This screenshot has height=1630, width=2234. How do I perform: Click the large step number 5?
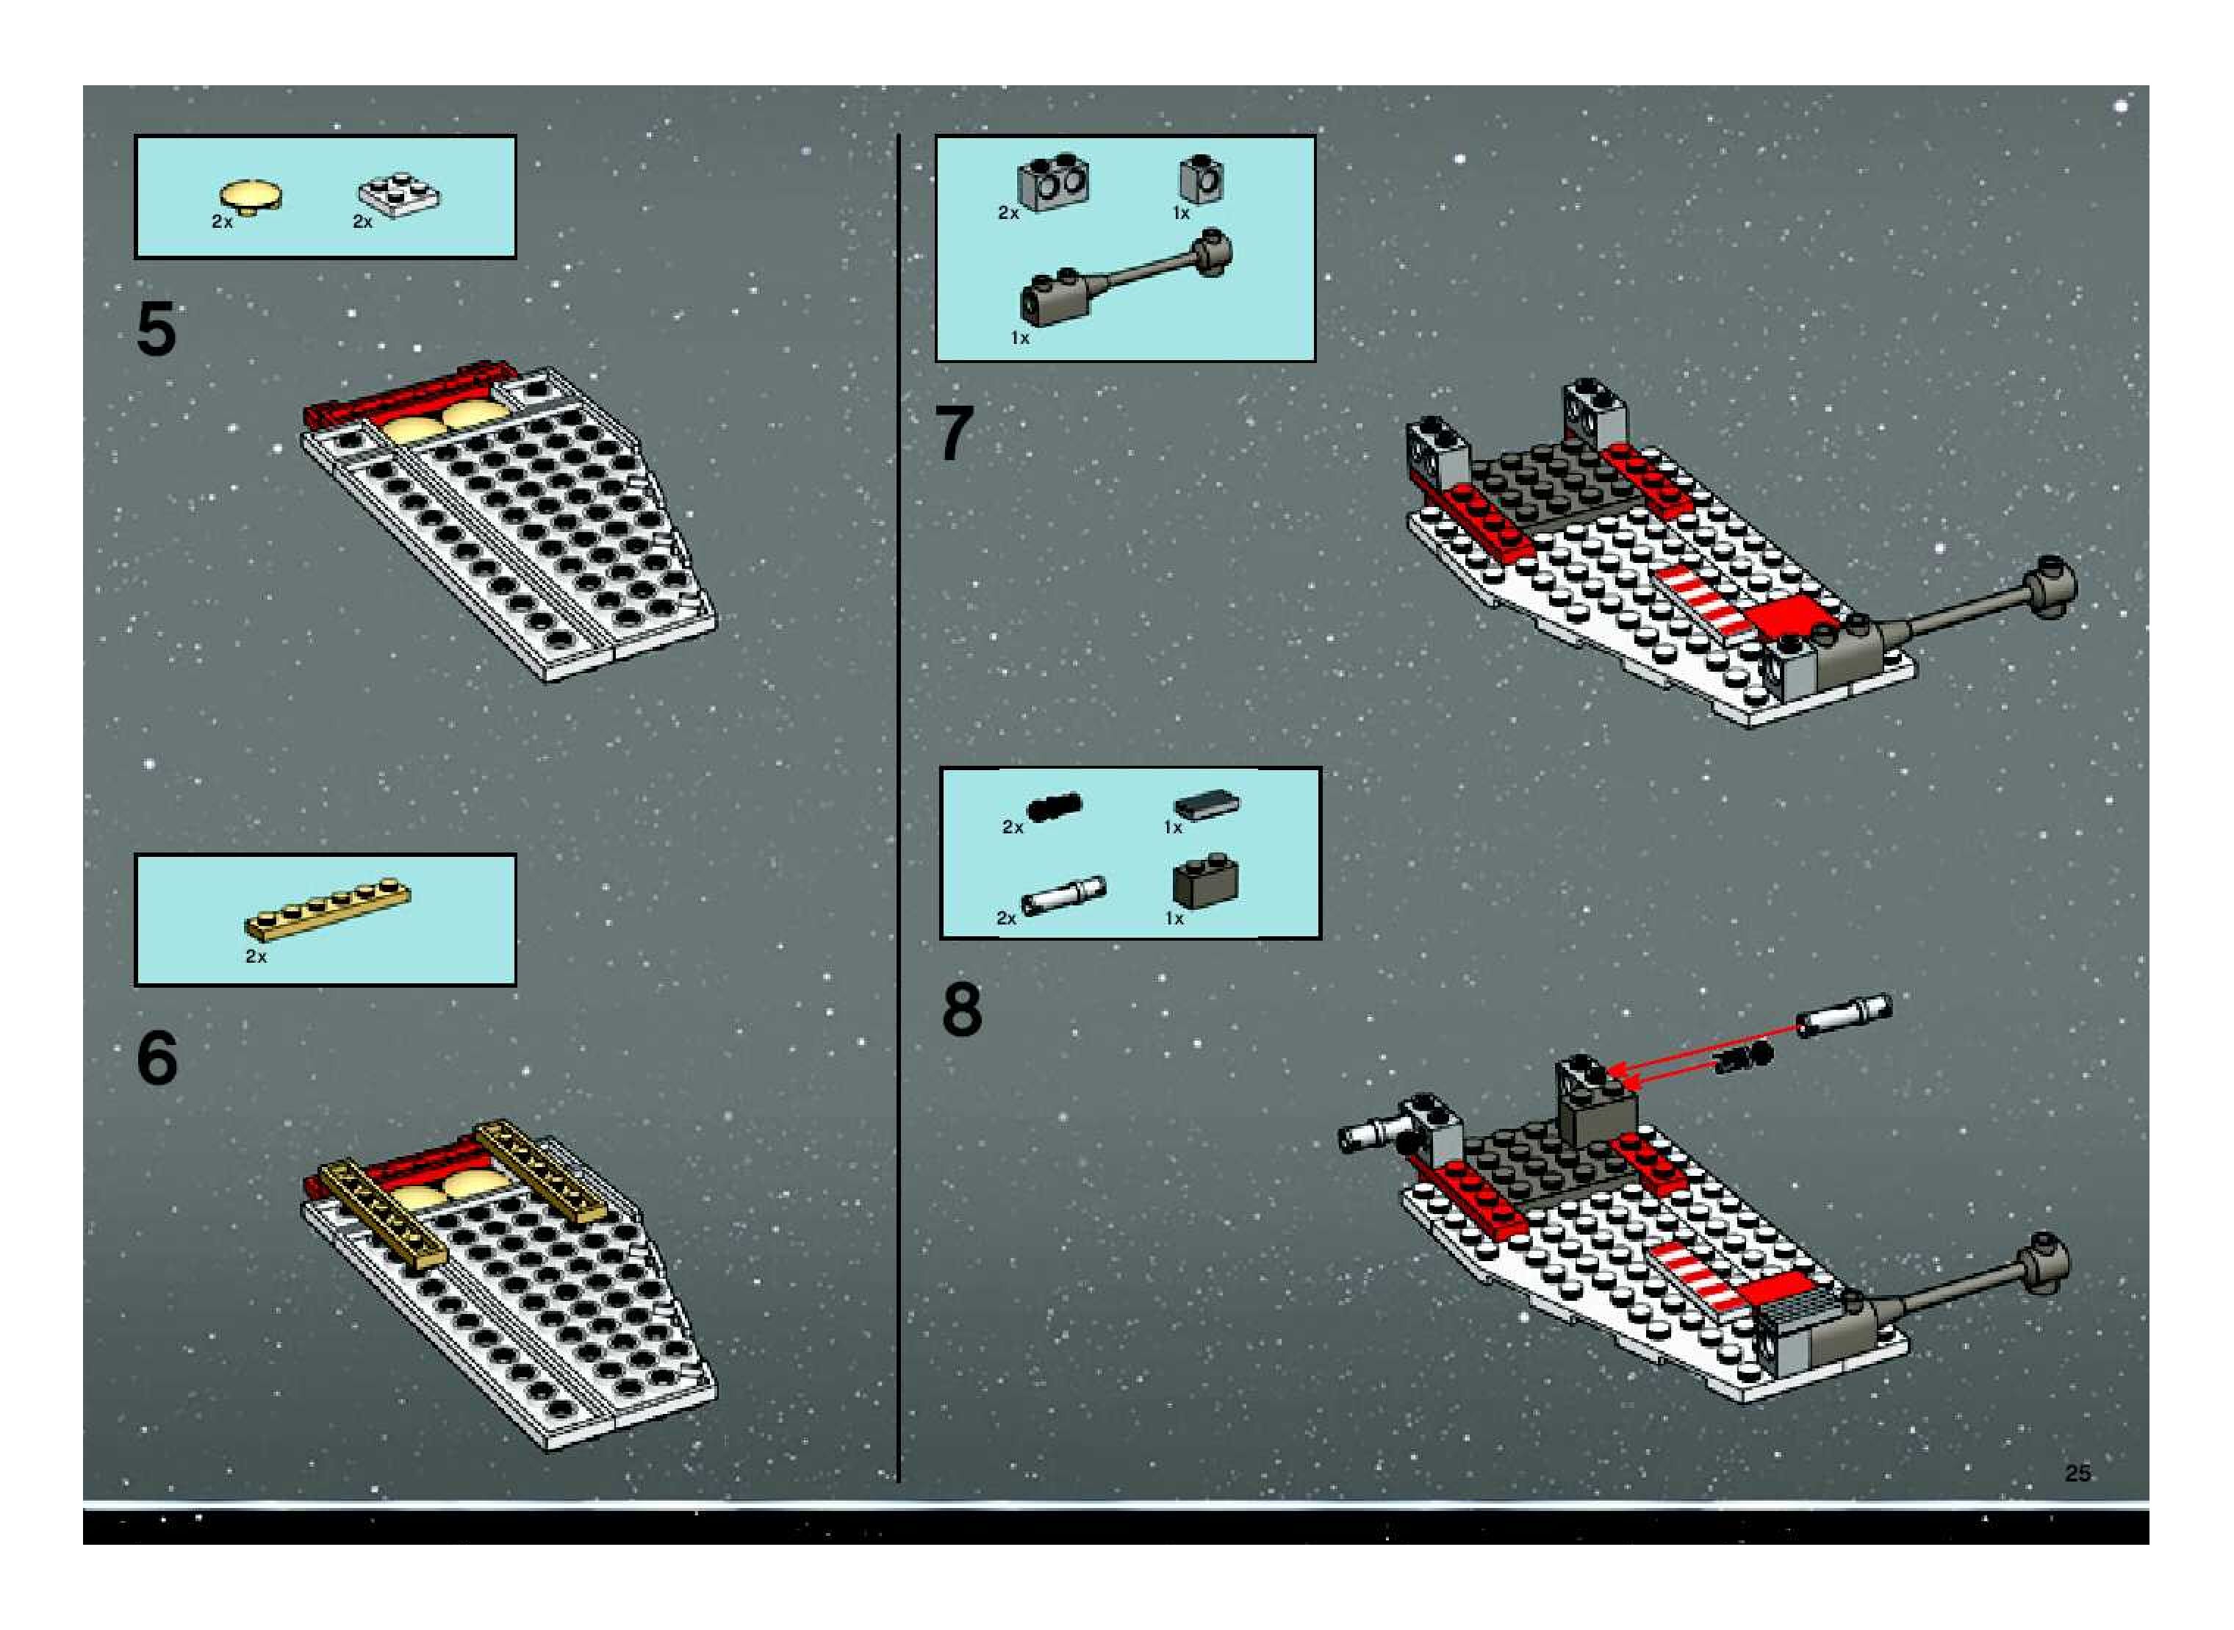[x=156, y=328]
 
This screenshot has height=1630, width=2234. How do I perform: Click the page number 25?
[x=2077, y=1473]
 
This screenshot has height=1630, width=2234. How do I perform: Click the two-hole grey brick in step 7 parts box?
[x=1054, y=182]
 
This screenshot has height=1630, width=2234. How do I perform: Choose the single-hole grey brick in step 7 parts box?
[x=1201, y=179]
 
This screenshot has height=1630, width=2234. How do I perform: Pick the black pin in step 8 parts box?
[x=1054, y=807]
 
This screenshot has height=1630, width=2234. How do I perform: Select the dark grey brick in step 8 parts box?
[x=1205, y=883]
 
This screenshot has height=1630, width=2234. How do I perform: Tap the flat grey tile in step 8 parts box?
[x=1207, y=804]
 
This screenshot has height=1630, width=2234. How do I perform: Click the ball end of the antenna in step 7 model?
[x=2050, y=586]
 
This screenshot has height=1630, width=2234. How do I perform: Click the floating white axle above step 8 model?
[x=1842, y=1016]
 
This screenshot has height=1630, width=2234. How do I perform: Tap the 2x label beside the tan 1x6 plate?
[x=256, y=956]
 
